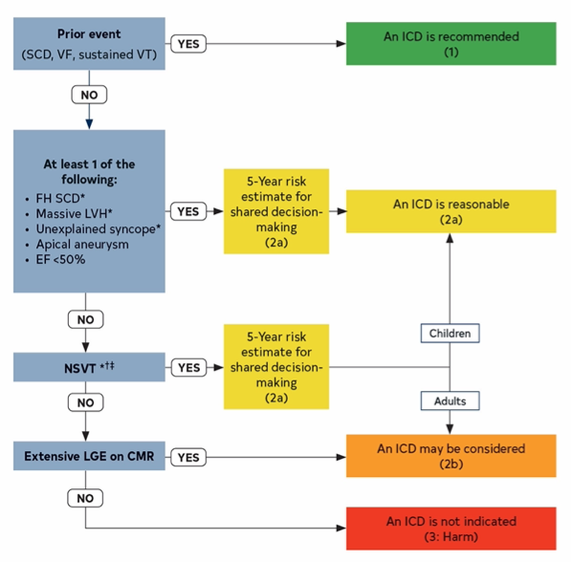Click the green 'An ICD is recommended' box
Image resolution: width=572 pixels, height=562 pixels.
(x=451, y=43)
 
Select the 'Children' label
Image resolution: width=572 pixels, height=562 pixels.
(x=448, y=335)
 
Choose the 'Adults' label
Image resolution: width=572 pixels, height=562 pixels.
(x=448, y=400)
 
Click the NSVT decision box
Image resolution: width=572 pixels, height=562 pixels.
(x=90, y=367)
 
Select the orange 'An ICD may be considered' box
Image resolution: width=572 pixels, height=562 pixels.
(x=451, y=456)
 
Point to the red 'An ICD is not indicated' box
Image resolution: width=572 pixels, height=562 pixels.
(x=451, y=529)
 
